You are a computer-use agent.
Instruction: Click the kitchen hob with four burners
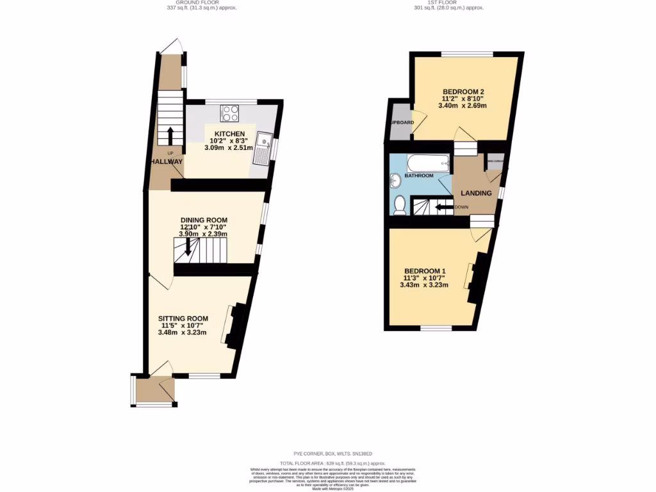[229, 113]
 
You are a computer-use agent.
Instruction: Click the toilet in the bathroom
[400, 204]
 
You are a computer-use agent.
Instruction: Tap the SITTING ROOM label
[183, 318]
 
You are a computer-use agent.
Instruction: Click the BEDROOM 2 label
[462, 91]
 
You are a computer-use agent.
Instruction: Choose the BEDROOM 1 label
[425, 270]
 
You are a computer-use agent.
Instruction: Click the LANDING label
[476, 193]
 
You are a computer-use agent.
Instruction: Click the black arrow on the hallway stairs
[170, 136]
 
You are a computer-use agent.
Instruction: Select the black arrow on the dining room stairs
[188, 247]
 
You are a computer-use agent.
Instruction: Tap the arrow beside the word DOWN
[442, 207]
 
